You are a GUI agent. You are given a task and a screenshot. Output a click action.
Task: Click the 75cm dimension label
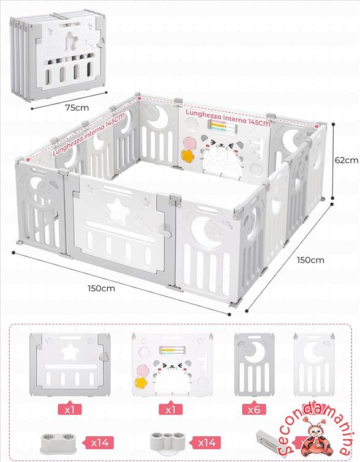tap(77, 108)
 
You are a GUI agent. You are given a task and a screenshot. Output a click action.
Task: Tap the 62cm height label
tap(347, 160)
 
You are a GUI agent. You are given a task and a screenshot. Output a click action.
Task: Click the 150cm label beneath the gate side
tap(101, 288)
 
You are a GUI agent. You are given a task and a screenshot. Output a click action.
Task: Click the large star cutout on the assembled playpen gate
tap(118, 209)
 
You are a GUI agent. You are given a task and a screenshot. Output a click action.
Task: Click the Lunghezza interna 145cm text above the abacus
tap(228, 118)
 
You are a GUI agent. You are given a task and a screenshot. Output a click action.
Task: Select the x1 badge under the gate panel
tap(70, 409)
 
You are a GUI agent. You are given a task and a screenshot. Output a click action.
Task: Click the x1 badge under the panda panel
tap(170, 409)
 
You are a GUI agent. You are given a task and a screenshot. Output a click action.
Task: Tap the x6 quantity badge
tap(254, 409)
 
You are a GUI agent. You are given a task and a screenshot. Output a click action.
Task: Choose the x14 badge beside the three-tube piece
tap(206, 442)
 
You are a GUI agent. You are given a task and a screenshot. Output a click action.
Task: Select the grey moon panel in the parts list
tap(254, 365)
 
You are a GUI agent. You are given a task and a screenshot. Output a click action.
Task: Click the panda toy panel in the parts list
tap(172, 365)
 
